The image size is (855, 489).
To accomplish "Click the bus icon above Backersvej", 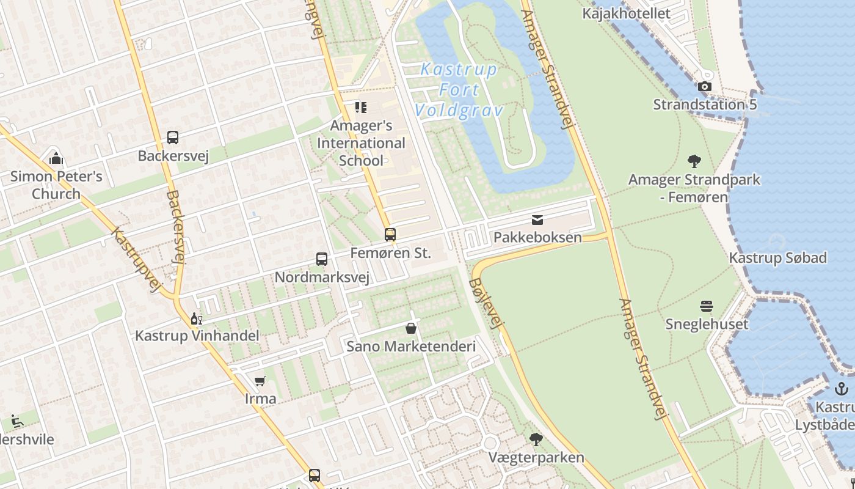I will click(173, 138).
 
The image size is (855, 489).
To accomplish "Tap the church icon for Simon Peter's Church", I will click(56, 159).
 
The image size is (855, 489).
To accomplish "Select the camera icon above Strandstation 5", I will click(705, 87).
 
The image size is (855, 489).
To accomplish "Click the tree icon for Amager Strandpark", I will click(694, 161).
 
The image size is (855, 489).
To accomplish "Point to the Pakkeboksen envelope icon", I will click(537, 220).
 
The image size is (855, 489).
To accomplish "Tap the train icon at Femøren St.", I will click(390, 235).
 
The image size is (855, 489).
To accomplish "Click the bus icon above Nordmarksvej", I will click(322, 259).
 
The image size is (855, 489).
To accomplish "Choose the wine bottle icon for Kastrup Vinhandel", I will click(197, 318).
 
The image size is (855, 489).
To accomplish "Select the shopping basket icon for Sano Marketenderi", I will click(411, 329).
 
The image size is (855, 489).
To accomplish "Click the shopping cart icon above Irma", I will click(260, 381).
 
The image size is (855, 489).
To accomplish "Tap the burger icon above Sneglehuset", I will click(707, 306).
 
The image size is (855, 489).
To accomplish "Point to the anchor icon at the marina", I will click(842, 389).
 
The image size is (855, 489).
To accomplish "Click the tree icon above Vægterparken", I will click(536, 439).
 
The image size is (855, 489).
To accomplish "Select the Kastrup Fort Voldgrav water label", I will click(459, 90).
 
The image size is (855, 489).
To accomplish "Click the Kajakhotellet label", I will click(626, 13).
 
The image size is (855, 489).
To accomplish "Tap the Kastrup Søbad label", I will click(777, 258).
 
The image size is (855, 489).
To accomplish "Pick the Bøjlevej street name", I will click(486, 304).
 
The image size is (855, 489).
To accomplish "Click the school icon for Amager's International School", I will click(361, 108).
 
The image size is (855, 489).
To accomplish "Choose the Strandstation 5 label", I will click(705, 105).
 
